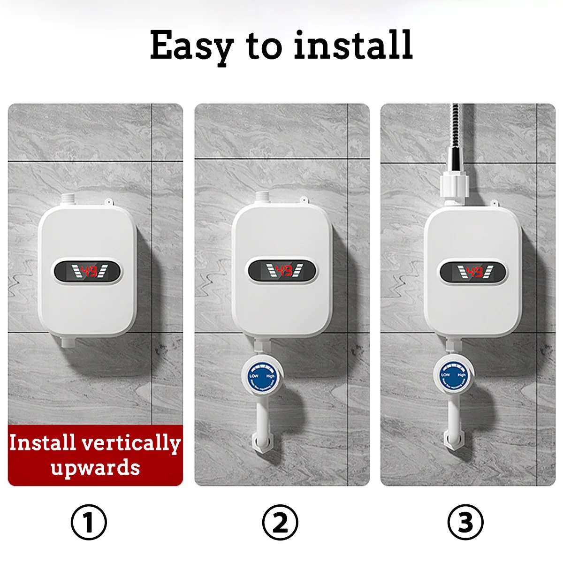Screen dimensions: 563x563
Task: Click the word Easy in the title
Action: coord(191,46)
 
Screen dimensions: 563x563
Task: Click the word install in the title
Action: coord(353,45)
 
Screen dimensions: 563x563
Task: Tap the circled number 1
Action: coord(89,522)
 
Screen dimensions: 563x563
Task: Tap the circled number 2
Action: coord(280,522)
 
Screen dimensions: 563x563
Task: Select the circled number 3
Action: coord(465,522)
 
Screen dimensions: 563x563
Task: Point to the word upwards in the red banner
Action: coord(95,467)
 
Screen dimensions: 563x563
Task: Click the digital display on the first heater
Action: coord(88,271)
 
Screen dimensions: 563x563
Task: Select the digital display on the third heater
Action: coord(473,272)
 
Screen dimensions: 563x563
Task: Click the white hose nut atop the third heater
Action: coord(454,186)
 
